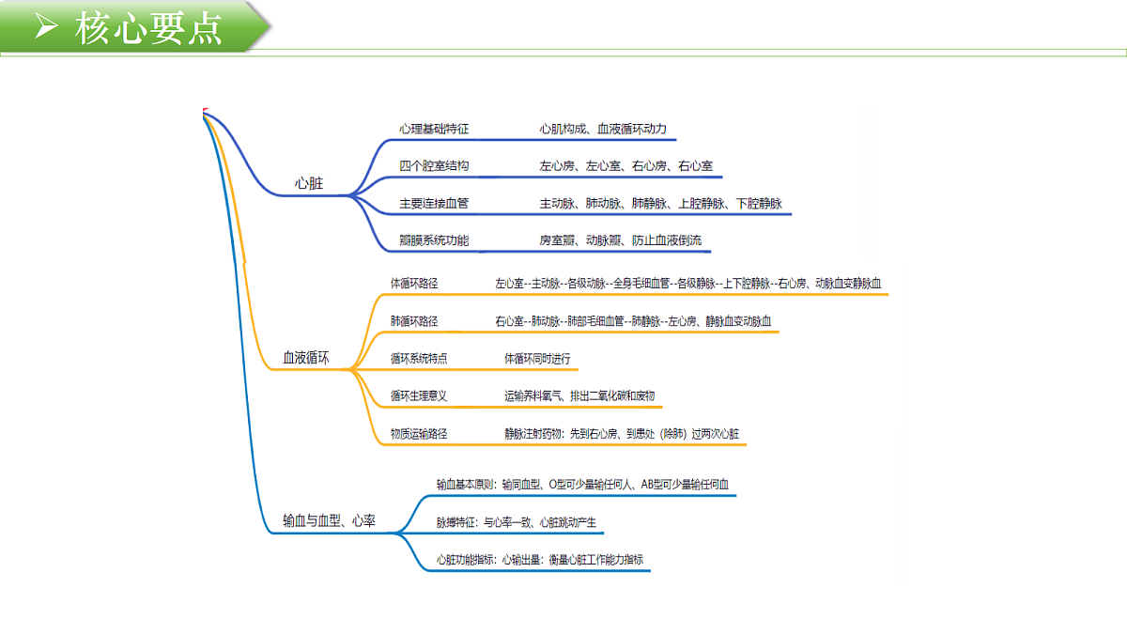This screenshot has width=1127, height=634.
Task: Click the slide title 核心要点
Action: pos(148,28)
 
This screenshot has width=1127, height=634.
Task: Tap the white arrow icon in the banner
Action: pos(46,25)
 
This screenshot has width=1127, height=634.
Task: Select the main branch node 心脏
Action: pos(309,183)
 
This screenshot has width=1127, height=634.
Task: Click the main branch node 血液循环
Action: pos(306,358)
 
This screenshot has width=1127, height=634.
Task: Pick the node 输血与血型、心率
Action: pos(329,520)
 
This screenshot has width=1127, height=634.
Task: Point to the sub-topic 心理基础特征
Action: pos(434,129)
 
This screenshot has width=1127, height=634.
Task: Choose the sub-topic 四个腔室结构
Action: pos(434,165)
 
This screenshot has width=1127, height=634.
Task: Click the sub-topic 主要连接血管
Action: pos(434,203)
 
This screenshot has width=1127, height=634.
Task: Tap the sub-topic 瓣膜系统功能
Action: pos(434,240)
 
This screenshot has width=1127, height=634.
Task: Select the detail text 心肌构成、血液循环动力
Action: pos(603,129)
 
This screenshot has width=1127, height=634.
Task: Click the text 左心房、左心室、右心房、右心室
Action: pos(625,165)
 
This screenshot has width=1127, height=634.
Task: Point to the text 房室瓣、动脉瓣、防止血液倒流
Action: pos(621,240)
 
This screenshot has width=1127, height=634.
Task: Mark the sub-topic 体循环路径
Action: pos(414,284)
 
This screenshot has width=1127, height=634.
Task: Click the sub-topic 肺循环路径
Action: pos(414,321)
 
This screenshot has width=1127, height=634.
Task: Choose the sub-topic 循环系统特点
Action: pos(419,358)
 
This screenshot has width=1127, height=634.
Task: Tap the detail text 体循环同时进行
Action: pos(537,358)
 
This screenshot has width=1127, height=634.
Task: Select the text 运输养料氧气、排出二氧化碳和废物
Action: pos(579,396)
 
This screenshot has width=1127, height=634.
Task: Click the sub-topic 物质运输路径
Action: pos(419,434)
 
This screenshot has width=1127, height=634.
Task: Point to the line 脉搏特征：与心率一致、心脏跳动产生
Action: pos(517,522)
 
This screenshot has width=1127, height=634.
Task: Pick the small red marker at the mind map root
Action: pos(205,110)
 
